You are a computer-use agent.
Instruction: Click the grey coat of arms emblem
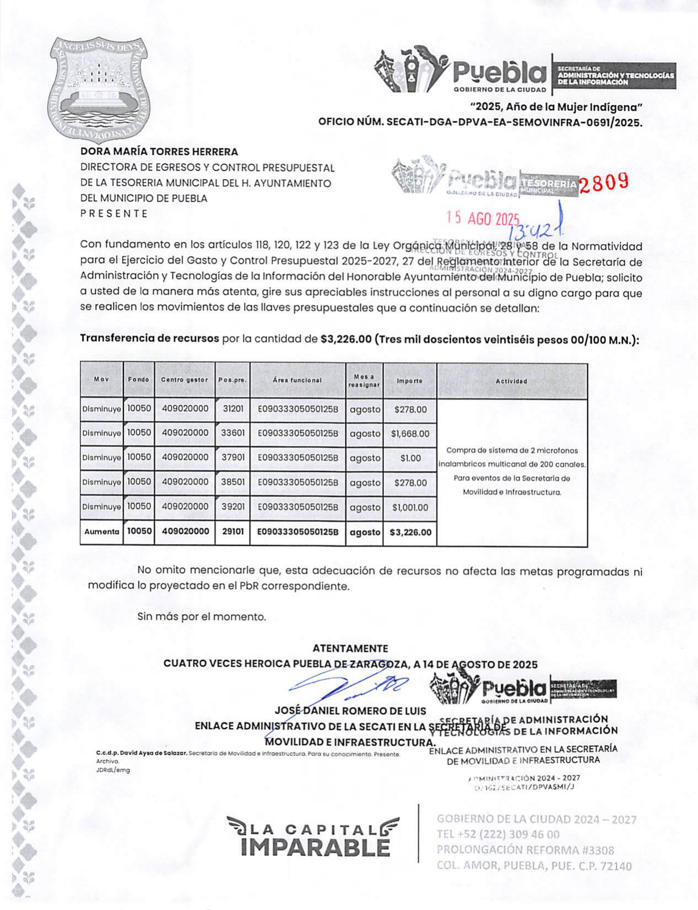pyautogui.click(x=98, y=90)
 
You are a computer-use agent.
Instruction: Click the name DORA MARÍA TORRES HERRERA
pyautogui.click(x=159, y=152)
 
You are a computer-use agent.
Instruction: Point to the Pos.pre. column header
pyautogui.click(x=232, y=380)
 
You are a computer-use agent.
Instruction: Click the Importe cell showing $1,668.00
pyautogui.click(x=410, y=434)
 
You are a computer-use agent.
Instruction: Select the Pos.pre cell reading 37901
pyautogui.click(x=232, y=457)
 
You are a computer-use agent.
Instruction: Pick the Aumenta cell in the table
pyautogui.click(x=101, y=532)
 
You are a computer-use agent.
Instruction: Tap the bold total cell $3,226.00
pyautogui.click(x=410, y=532)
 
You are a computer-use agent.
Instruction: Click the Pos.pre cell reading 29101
pyautogui.click(x=232, y=532)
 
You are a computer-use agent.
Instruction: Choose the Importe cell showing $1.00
pyautogui.click(x=410, y=458)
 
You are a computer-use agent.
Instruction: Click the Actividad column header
pyautogui.click(x=511, y=381)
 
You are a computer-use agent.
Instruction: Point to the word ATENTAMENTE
pyautogui.click(x=350, y=649)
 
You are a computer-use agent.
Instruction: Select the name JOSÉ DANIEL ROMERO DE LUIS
pyautogui.click(x=350, y=712)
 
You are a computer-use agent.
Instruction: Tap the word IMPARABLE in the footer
pyautogui.click(x=315, y=847)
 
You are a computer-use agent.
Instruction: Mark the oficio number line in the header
pyautogui.click(x=480, y=123)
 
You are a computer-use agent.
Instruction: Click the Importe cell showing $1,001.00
pyautogui.click(x=410, y=508)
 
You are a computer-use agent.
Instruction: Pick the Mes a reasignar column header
pyautogui.click(x=364, y=380)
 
